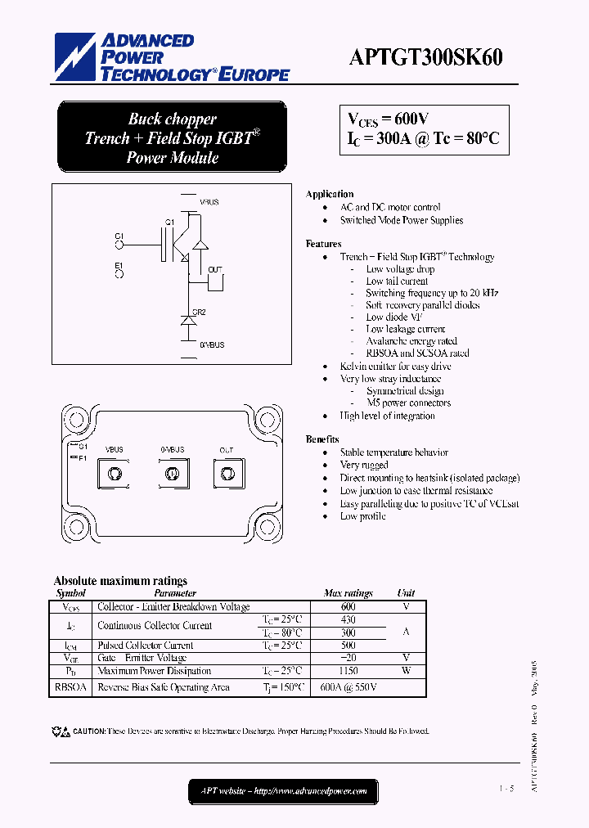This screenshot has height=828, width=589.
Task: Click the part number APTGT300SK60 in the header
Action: coord(426,57)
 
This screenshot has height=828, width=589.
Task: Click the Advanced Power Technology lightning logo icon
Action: coord(75,56)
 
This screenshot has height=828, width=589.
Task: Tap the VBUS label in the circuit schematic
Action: coord(209,201)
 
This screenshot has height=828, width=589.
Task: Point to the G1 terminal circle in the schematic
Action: coord(119,243)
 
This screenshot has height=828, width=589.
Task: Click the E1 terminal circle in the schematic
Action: coord(119,273)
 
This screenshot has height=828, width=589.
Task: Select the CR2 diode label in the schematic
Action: coord(199,312)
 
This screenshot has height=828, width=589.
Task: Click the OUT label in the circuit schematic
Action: coord(215,269)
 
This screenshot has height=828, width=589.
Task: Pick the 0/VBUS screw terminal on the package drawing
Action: coord(172,474)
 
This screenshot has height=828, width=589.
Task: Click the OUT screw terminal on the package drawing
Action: coord(227,474)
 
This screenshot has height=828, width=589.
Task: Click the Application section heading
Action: coord(330,194)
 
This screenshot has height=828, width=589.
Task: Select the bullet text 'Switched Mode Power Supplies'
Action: coord(402,220)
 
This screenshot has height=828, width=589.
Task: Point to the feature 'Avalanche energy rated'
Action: coord(411,341)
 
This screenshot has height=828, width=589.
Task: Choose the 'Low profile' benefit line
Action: coord(362,516)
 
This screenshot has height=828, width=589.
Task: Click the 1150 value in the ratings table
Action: coord(348,671)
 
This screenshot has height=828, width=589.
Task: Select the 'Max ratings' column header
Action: coord(348,593)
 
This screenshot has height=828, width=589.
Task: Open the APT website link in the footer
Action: coord(284,791)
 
